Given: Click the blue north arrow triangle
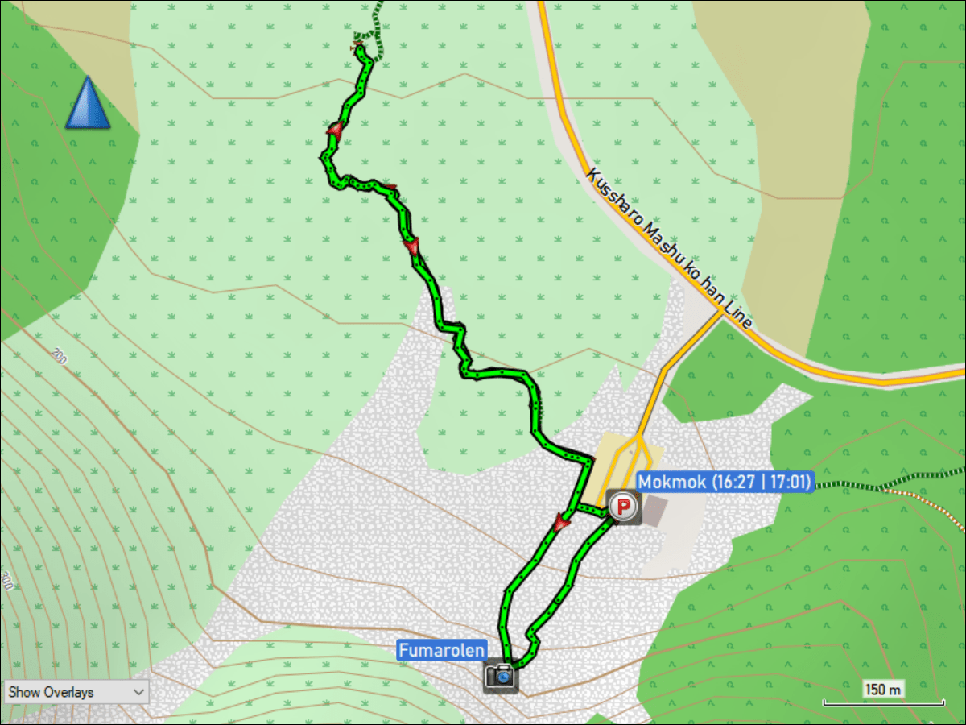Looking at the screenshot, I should pyautogui.click(x=88, y=105).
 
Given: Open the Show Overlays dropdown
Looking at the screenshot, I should pyautogui.click(x=76, y=691).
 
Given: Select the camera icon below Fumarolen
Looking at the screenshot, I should pyautogui.click(x=501, y=674).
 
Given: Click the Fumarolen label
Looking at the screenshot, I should pyautogui.click(x=442, y=650).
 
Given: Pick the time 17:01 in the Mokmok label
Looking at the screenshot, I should pyautogui.click(x=786, y=482).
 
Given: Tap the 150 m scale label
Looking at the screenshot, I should pyautogui.click(x=883, y=690).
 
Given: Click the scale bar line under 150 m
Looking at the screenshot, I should pyautogui.click(x=883, y=703).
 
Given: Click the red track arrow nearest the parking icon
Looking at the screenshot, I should pyautogui.click(x=561, y=524).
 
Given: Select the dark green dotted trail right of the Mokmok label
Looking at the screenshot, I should pyautogui.click(x=845, y=484).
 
